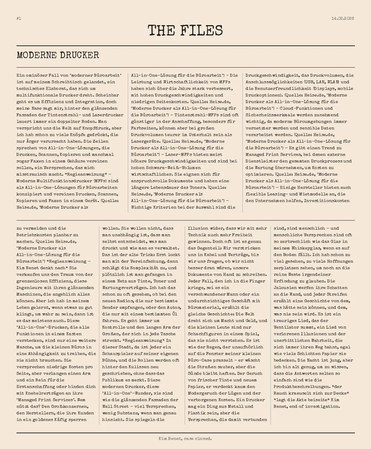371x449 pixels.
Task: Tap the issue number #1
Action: [19, 19]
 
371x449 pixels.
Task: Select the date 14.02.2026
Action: [343, 19]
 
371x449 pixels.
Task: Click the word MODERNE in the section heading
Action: [36, 55]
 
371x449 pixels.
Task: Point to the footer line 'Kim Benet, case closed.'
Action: [185, 438]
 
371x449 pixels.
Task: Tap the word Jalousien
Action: [287, 288]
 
